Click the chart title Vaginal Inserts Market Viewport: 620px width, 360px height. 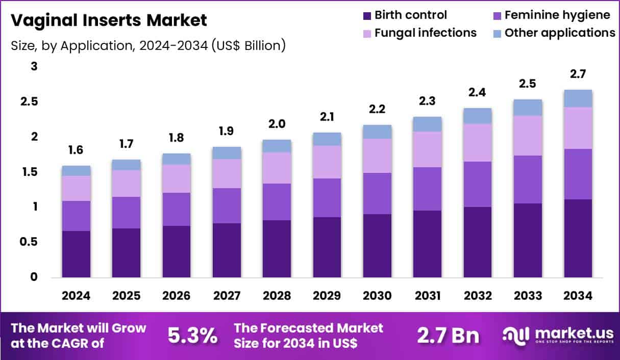109,21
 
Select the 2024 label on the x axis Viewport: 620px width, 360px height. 76,296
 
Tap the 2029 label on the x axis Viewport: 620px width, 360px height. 327,296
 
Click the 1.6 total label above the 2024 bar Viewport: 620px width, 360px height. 76,150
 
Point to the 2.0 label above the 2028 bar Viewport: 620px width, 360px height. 277,124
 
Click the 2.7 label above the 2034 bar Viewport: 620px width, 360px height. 578,74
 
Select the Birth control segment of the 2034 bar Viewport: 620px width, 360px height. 578,238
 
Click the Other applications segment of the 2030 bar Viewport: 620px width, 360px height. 377,132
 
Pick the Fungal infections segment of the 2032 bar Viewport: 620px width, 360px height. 478,142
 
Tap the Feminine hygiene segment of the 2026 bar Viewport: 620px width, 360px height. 177,209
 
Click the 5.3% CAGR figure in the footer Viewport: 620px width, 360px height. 193,336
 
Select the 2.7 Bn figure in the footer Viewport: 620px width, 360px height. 448,336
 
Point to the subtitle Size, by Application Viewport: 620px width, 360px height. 148,45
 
